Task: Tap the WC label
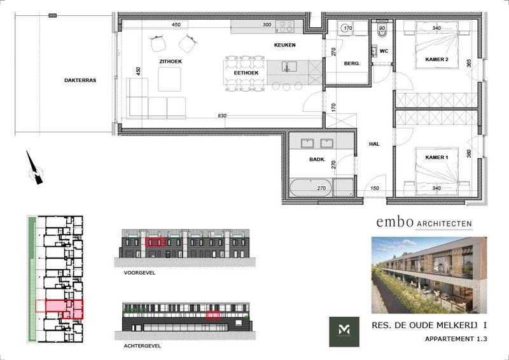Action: pyautogui.click(x=384, y=50)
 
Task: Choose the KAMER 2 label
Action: pyautogui.click(x=437, y=59)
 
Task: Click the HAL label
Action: pyautogui.click(x=374, y=144)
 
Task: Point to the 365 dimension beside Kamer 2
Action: pyautogui.click(x=469, y=64)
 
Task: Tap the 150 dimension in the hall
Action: pyautogui.click(x=374, y=188)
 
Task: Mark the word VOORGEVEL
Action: pyautogui.click(x=139, y=272)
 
